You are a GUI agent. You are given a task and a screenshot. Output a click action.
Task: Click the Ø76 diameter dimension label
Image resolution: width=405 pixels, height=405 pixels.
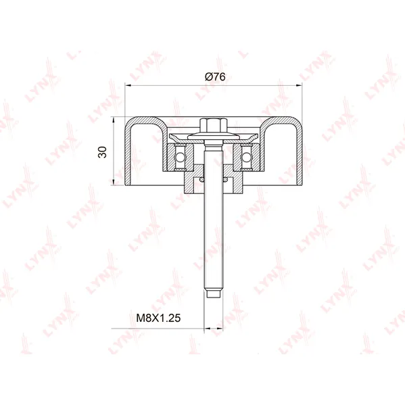(215, 76)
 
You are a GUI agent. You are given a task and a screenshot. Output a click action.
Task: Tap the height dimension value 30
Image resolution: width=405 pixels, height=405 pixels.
(103, 152)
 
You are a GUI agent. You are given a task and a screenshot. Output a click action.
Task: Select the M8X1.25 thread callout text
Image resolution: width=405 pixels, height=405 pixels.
(158, 318)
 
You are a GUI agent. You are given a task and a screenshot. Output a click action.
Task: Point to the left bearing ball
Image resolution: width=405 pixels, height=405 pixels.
(180, 157)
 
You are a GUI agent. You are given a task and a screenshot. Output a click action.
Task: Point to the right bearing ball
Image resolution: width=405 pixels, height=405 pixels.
(247, 157)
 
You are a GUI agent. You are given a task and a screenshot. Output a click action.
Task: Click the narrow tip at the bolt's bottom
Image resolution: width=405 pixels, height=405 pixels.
(214, 294)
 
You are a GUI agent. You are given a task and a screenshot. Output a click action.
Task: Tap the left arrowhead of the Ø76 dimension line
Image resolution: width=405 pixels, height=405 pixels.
(128, 85)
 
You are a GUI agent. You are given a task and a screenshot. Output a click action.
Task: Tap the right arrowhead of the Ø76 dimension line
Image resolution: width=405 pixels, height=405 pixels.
(299, 85)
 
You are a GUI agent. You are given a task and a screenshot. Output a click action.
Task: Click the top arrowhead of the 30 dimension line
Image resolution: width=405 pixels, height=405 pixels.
(114, 120)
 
